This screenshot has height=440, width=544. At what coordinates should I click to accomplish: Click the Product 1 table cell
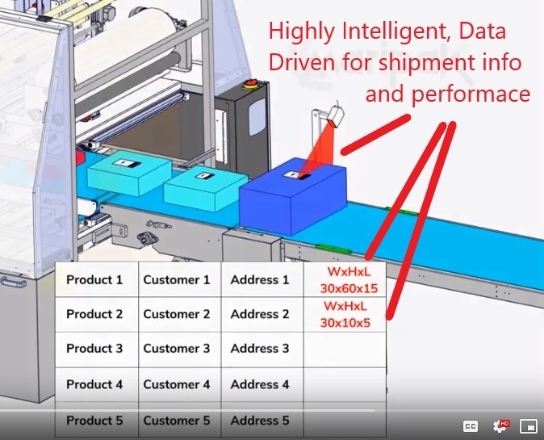[x=97, y=279]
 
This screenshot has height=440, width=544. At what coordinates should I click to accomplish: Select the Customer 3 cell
[x=179, y=349]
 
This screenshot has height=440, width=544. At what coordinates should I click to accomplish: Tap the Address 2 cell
[x=262, y=314]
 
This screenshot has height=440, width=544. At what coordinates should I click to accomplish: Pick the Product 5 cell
[x=97, y=421]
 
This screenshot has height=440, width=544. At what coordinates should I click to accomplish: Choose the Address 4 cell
[x=262, y=384]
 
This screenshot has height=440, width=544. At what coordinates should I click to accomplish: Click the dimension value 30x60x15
[x=349, y=288]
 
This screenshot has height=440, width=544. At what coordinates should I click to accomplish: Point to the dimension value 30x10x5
[x=345, y=323]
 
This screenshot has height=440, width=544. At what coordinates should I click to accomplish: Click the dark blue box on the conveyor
[x=293, y=195]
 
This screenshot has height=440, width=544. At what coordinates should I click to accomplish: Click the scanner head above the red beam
[x=336, y=116]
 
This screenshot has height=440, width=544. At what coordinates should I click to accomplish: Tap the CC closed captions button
[x=471, y=426]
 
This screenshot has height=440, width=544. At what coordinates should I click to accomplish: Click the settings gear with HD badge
[x=500, y=425]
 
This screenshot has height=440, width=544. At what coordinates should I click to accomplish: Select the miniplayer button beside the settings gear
[x=528, y=426]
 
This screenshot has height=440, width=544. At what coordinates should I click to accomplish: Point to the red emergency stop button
[x=249, y=84]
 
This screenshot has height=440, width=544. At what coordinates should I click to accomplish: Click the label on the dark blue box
[x=296, y=175]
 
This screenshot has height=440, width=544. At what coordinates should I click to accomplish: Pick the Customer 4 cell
[x=179, y=384]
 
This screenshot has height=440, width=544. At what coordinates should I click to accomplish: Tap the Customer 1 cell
[x=179, y=279]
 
